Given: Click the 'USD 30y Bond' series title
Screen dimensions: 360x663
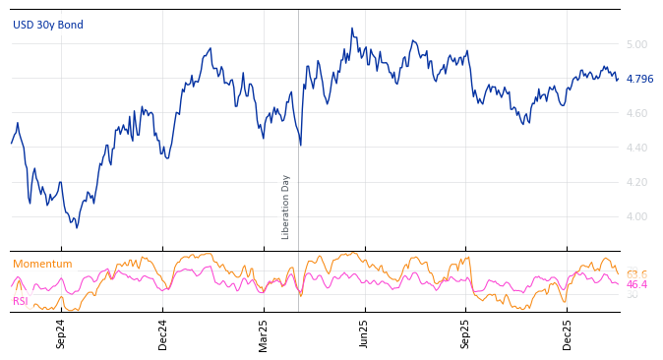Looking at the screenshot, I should point(48,25).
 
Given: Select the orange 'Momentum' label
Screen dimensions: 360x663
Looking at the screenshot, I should point(42,264).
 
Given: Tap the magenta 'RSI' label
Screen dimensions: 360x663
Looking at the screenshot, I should point(20,301).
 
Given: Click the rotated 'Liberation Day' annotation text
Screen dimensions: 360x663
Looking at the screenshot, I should point(286,207).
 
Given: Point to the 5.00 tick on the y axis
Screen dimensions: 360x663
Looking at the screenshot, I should point(636,44).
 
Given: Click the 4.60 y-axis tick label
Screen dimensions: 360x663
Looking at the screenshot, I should point(636,113).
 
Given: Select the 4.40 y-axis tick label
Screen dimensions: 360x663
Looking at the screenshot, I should point(636,148).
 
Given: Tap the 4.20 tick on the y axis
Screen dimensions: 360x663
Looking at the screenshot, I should point(636,182).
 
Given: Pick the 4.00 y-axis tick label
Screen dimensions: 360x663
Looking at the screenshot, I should point(636,216).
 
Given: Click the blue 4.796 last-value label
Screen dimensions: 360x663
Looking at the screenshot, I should point(639,79).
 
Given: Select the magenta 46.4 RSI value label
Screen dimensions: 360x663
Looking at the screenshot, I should point(636,284).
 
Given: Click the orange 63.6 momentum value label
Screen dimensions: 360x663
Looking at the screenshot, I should point(636,274).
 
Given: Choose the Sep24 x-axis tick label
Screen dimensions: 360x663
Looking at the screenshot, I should point(61,333).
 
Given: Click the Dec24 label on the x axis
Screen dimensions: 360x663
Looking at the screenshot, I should point(163,333).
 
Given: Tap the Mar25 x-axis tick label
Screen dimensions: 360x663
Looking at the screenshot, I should point(264,333).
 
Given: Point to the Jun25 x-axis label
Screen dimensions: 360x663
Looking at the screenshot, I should point(364,333).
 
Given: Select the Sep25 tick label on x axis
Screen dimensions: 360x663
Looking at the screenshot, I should point(465,333).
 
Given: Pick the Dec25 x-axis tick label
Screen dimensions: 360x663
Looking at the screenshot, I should point(568,333).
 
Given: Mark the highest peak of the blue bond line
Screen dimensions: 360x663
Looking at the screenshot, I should point(351,29).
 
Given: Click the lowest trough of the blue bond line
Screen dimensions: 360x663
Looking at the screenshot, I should point(77,227).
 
